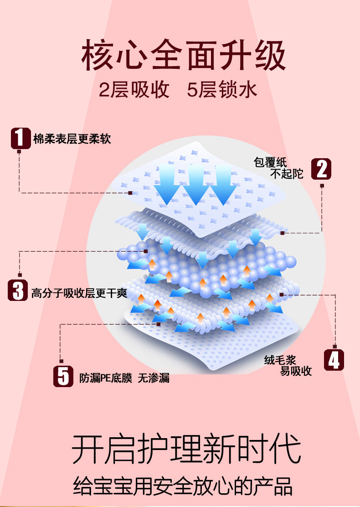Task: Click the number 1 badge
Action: tap(20, 138)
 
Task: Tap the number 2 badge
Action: tap(321, 170)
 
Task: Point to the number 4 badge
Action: tap(334, 360)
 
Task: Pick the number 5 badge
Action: tap(63, 377)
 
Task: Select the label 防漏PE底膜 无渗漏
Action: tap(124, 378)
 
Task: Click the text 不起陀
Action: tap(287, 174)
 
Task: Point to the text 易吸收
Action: tap(296, 371)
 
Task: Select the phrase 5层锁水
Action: tap(222, 90)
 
